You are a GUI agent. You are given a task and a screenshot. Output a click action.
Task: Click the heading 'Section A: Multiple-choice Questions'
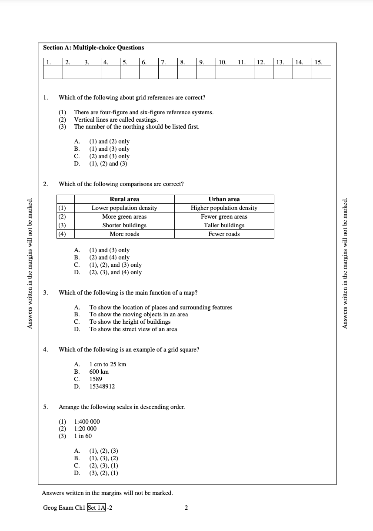(93, 48)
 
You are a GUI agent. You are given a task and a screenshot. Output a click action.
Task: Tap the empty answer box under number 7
(168, 73)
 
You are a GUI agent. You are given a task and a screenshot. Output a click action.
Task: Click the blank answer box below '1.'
(53, 73)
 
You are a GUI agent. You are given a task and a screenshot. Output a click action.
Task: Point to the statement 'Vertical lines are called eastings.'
(116, 119)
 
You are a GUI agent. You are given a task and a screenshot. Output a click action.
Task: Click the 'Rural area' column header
(124, 199)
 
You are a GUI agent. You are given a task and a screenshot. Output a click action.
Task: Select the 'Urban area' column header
(224, 199)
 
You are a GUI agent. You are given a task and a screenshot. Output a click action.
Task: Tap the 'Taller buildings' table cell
(224, 225)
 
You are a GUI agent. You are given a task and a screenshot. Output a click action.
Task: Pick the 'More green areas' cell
(124, 216)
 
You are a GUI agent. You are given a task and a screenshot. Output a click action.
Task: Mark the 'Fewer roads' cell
(224, 234)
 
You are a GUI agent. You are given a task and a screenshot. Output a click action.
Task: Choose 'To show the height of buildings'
(130, 322)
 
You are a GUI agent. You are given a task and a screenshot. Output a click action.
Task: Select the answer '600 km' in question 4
(99, 372)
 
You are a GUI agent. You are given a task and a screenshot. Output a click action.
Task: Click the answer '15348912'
(102, 387)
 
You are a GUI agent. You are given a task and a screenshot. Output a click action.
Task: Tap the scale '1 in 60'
(83, 436)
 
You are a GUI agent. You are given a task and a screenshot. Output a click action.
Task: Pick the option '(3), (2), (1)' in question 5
(103, 473)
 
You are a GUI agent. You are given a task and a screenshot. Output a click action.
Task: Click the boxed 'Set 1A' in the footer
(97, 508)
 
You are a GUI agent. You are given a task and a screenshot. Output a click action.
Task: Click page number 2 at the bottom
(186, 508)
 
